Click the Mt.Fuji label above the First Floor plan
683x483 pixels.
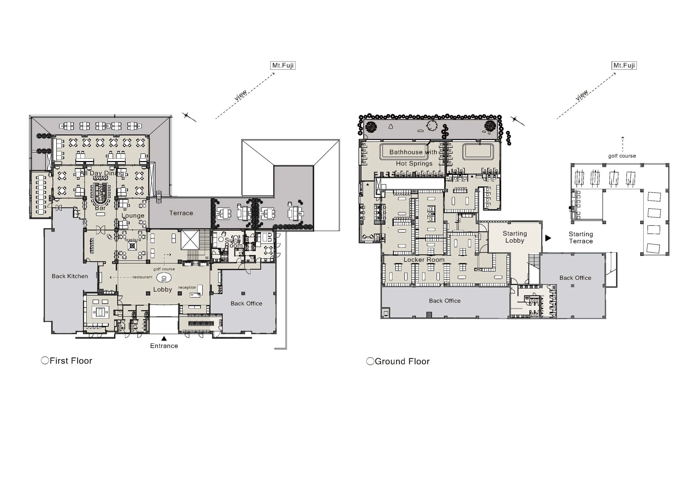point(283,66)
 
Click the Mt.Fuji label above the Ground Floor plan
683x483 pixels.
point(624,66)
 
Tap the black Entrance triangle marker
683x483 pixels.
point(164,338)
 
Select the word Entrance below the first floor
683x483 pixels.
point(164,346)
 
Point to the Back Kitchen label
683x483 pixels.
point(70,276)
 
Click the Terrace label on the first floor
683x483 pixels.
point(181,213)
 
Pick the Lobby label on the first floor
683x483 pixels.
point(163,289)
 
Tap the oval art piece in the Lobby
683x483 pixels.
point(164,278)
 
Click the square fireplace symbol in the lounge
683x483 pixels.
point(133,245)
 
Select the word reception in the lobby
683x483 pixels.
point(187,288)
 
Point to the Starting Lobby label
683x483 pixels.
point(515,237)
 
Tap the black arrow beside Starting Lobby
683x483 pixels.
point(548,238)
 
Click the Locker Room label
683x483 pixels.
point(424,260)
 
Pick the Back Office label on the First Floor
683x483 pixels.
point(247,303)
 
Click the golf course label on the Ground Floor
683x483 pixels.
point(622,156)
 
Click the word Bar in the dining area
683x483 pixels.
point(100,208)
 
